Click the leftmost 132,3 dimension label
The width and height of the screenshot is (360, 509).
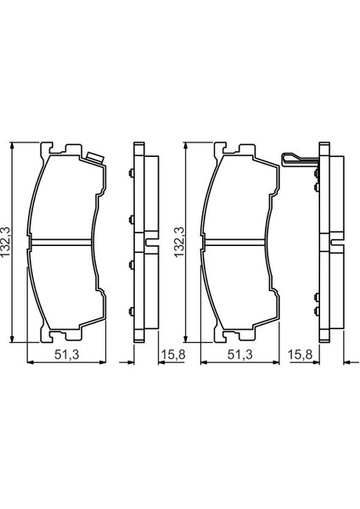pyautogui.click(x=6, y=242)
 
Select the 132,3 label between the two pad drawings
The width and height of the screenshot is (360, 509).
pyautogui.click(x=179, y=242)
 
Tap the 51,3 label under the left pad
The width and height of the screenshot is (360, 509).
pyautogui.click(x=66, y=355)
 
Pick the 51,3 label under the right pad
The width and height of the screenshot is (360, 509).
pyautogui.click(x=239, y=355)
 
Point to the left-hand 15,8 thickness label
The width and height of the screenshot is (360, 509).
pyautogui.click(x=173, y=355)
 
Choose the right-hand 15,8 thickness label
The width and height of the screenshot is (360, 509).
pyautogui.click(x=300, y=355)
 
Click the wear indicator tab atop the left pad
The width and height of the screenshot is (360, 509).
pyautogui.click(x=95, y=158)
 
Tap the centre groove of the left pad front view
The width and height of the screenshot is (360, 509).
pyautogui.click(x=61, y=242)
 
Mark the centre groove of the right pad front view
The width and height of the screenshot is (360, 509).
pyautogui.click(x=234, y=242)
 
